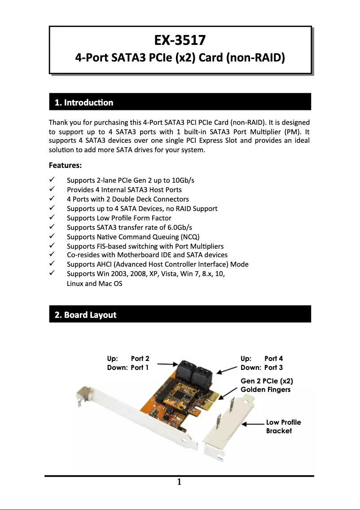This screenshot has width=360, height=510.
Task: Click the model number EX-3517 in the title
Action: (180, 40)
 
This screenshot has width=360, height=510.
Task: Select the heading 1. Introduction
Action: (83, 102)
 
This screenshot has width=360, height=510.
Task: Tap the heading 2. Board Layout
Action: (85, 315)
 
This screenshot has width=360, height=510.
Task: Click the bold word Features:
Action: (65, 165)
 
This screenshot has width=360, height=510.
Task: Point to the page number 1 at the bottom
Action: (179, 483)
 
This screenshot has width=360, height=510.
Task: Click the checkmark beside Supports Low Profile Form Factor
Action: (52, 218)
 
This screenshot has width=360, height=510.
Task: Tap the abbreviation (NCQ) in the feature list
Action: (189, 237)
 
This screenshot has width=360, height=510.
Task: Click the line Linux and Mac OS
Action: (94, 284)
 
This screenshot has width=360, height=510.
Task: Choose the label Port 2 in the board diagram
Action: (140, 358)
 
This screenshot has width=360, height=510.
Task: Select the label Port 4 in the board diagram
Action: (273, 358)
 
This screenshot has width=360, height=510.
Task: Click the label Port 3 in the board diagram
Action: (273, 368)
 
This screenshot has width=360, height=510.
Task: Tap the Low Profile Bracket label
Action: (283, 426)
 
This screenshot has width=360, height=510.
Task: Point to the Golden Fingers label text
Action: (265, 389)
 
